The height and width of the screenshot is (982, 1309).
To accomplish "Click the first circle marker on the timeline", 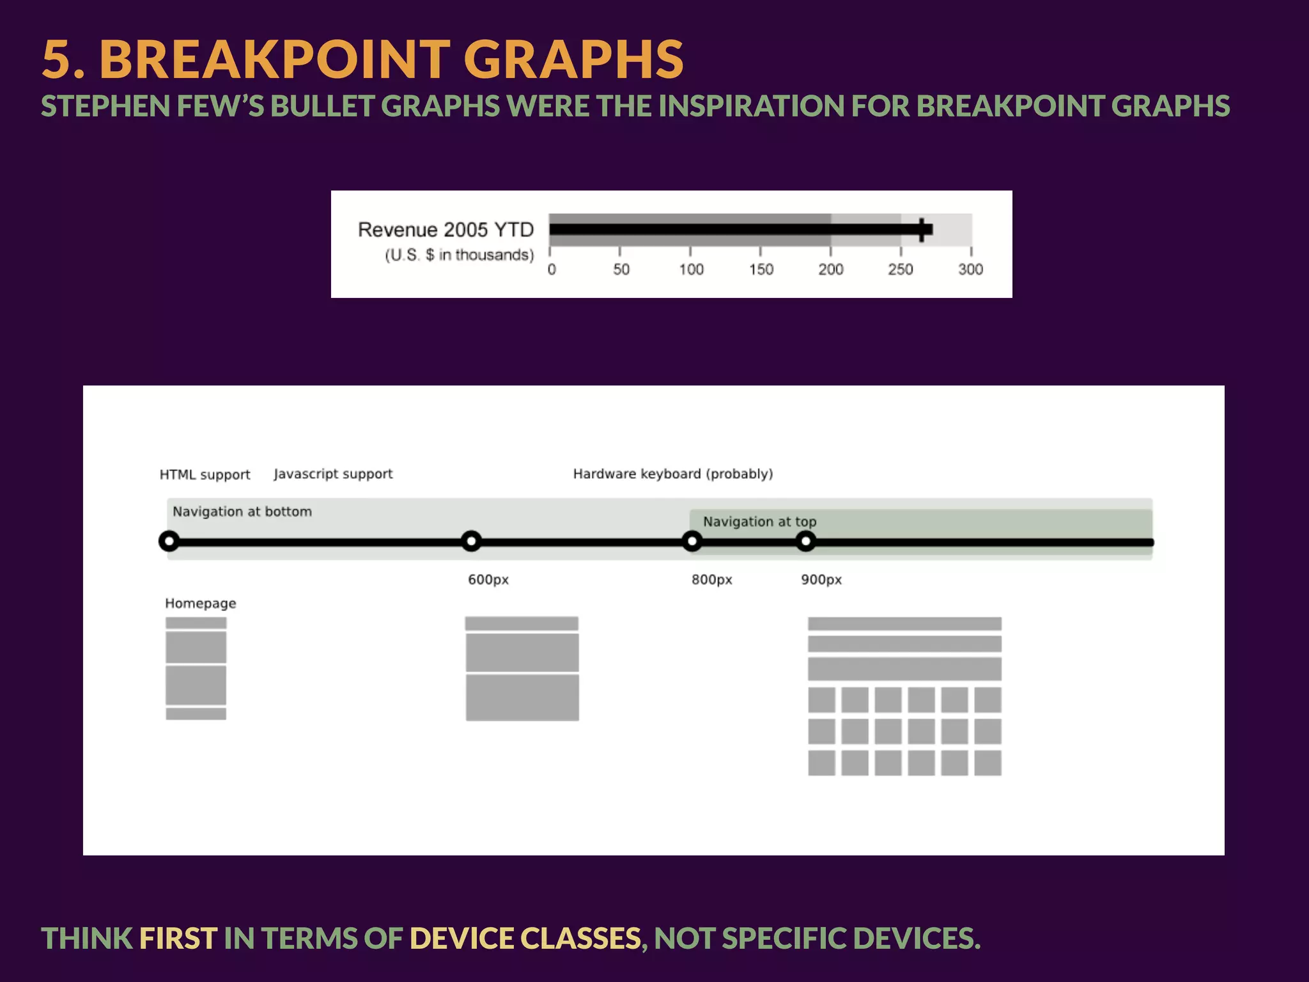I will [x=169, y=542].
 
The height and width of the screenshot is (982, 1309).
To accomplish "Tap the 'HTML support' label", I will [x=205, y=474].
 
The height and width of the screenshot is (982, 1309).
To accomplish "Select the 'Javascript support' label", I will [x=333, y=474].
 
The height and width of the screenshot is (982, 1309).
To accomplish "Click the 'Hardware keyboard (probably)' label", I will [x=672, y=474].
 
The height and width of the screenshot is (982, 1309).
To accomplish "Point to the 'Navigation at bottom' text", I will [x=242, y=511].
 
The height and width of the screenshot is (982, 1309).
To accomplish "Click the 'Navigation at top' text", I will [x=759, y=522].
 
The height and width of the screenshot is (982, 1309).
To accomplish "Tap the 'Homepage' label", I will [x=200, y=603].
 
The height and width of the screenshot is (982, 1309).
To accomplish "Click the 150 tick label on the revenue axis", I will [x=761, y=269].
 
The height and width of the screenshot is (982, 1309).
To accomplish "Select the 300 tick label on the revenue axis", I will [x=970, y=269].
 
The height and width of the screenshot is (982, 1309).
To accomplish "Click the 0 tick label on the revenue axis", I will [x=552, y=269].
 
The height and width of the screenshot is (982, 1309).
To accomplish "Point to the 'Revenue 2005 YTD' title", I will [x=445, y=230].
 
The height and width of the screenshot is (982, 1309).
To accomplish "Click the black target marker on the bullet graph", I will [x=922, y=230].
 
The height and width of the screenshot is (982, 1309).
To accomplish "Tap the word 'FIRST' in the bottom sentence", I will [x=178, y=939].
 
